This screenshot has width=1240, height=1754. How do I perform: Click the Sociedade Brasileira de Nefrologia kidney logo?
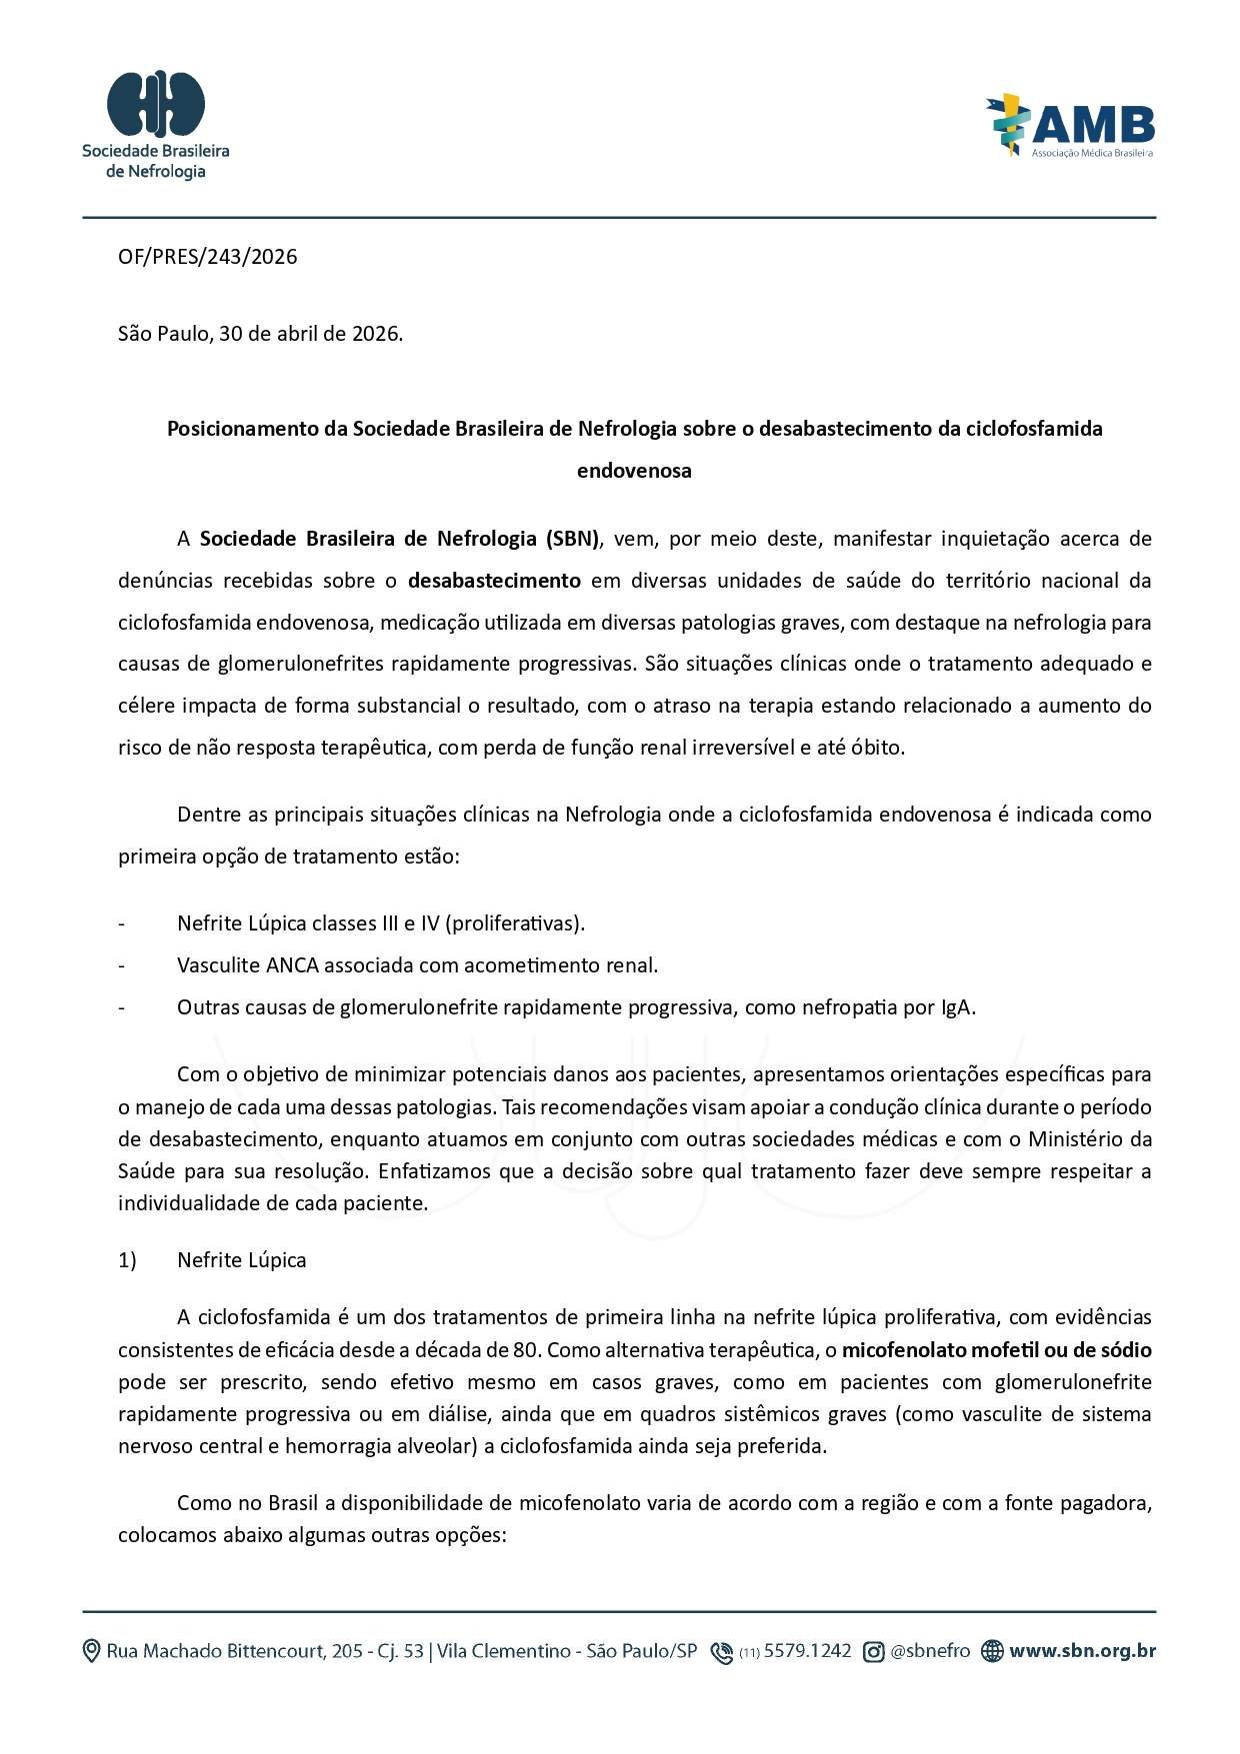pos(156,103)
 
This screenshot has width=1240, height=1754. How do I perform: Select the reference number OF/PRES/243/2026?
pos(208,257)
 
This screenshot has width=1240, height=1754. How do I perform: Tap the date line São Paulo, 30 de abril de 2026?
pos(260,334)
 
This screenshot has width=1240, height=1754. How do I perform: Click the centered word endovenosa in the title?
pos(634,471)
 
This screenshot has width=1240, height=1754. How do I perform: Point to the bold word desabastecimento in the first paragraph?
pos(494,581)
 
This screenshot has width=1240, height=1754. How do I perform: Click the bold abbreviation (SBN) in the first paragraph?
pos(572,539)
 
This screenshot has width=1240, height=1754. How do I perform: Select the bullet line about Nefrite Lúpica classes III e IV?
pos(380,923)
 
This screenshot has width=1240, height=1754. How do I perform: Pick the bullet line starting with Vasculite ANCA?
pos(417,965)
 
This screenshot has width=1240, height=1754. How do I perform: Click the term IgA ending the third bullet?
pos(956,1007)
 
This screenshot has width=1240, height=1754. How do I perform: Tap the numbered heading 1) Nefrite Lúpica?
pos(212,1260)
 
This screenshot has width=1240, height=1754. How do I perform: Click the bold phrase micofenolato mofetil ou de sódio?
pos(996,1350)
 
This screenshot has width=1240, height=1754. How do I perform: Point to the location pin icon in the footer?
pos(91,1651)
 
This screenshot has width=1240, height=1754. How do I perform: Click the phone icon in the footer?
pos(721,1652)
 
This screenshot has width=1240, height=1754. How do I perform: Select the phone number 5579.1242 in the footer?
pos(807,1651)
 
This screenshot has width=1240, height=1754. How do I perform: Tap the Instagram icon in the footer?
pos(873,1652)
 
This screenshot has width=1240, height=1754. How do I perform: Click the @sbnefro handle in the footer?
pos(930,1651)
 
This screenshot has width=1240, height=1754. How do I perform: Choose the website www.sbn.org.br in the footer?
pos(1082,1651)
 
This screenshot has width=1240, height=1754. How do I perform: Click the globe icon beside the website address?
pos(991,1651)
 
